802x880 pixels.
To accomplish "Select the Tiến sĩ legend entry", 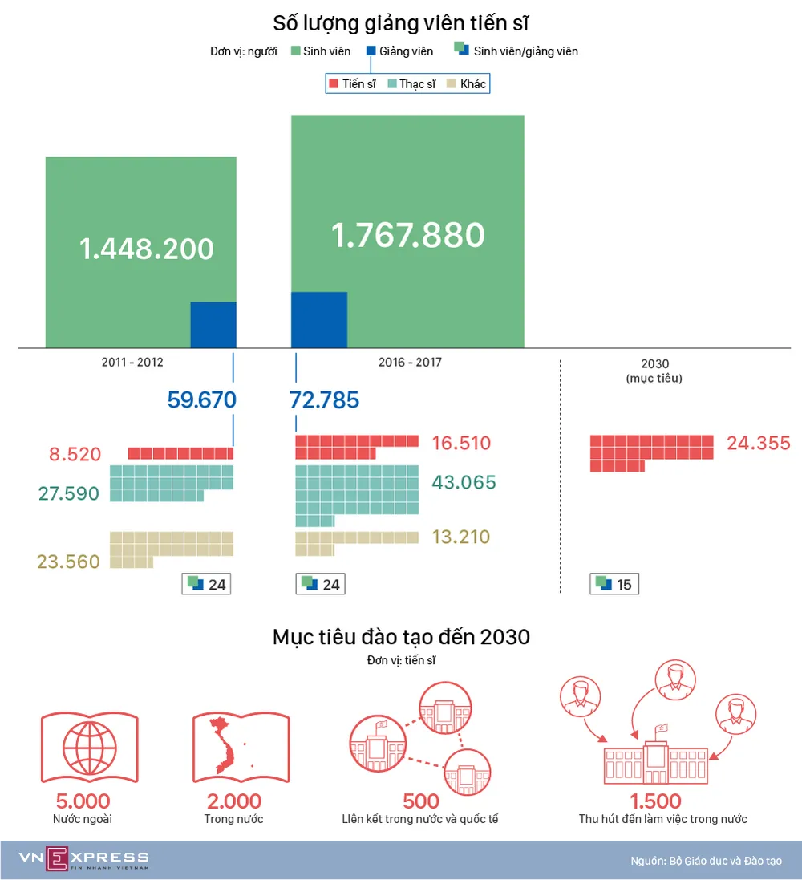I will click(x=353, y=83).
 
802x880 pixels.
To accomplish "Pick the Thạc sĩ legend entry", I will click(x=411, y=83).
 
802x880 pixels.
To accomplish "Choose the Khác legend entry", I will click(x=467, y=83).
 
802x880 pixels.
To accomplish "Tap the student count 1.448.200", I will click(x=147, y=249).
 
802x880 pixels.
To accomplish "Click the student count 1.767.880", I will click(x=407, y=235).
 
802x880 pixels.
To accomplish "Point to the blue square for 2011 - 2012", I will click(x=213, y=325).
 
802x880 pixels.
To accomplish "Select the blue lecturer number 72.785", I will click(x=325, y=399).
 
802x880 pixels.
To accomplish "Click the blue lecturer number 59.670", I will click(x=201, y=399).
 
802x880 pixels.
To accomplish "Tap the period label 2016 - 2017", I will click(x=410, y=363).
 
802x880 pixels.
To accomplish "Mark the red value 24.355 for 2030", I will click(x=758, y=443).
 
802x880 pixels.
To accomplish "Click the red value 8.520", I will click(x=75, y=455).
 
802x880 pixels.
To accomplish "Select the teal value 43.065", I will click(x=464, y=483).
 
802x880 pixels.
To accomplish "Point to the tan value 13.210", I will click(x=460, y=537).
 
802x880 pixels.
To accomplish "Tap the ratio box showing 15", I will click(x=614, y=584).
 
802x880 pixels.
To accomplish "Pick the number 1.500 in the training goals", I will click(x=655, y=801).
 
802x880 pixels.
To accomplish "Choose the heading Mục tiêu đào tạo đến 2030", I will click(x=401, y=638).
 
